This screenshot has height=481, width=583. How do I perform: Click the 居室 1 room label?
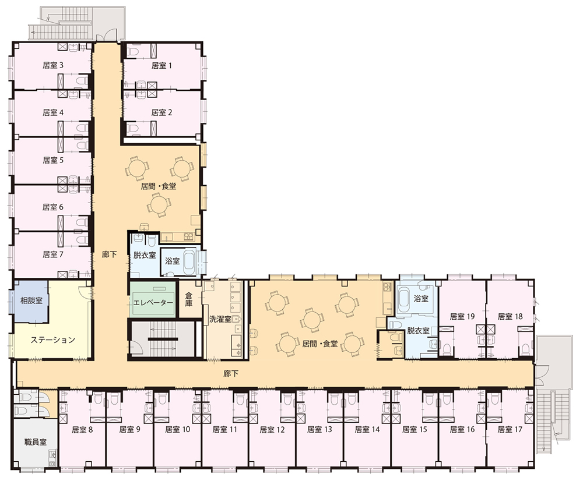161,66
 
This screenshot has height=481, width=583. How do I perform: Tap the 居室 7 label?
53,254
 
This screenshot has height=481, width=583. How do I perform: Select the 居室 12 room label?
272,430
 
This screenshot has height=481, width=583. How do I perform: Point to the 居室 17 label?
510,430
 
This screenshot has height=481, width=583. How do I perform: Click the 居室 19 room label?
462,316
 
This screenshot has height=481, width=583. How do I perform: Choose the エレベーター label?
153,303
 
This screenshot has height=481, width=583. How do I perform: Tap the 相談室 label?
31,300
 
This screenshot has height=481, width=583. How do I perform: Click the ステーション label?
53,340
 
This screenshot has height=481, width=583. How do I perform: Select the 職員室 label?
36,442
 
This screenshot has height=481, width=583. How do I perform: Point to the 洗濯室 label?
220,319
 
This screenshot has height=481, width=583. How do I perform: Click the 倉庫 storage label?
189,299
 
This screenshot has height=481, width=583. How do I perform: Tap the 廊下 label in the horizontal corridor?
230,374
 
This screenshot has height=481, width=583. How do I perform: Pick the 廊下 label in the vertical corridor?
110,254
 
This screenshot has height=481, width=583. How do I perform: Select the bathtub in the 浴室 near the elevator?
189,261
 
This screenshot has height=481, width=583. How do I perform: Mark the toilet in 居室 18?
525,349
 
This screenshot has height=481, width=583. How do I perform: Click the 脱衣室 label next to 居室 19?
418,331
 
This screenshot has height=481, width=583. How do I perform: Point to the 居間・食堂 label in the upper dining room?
159,186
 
